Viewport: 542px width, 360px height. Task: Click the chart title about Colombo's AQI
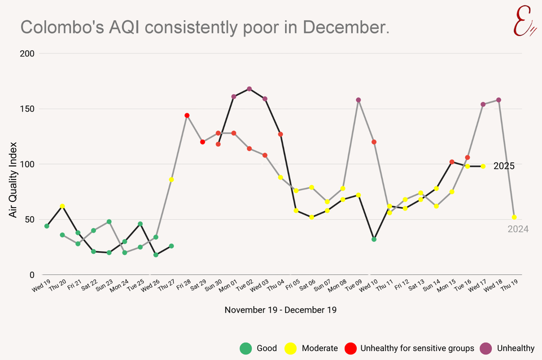(x=205, y=27)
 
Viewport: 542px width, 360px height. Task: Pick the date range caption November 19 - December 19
(x=281, y=310)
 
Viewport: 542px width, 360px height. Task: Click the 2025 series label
(x=504, y=166)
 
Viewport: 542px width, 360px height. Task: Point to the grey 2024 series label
(x=518, y=229)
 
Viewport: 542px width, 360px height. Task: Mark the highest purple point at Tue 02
(x=249, y=89)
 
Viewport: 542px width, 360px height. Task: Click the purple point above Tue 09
(x=359, y=100)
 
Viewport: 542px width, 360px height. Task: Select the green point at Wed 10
(x=374, y=239)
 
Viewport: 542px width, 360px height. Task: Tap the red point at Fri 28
(x=187, y=116)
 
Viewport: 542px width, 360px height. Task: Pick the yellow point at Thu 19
(x=514, y=217)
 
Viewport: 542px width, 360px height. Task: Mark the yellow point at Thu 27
(x=171, y=179)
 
